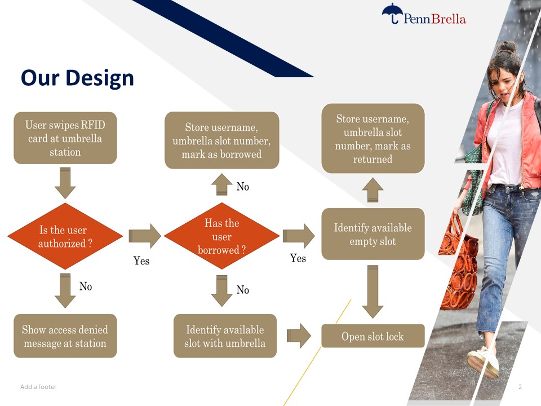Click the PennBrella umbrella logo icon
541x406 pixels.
pos(392,14)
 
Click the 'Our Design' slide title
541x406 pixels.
pos(77,78)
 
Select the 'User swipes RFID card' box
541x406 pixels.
pos(65,138)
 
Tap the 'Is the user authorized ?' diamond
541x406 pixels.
pos(65,236)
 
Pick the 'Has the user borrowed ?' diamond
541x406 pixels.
pos(222,236)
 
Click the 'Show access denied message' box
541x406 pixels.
pos(65,336)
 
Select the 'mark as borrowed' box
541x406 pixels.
pos(222,140)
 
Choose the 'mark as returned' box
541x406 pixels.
pos(373,139)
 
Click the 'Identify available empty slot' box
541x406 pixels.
pos(373,234)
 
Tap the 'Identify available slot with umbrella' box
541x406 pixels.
pos(225,336)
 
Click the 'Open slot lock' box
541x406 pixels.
pos(373,336)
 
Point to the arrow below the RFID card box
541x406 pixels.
pos(65,183)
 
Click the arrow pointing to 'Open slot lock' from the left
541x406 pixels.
pos(299,336)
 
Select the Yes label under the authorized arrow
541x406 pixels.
pos(141,261)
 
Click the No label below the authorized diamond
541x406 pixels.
pos(86,286)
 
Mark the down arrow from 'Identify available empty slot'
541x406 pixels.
pos(373,292)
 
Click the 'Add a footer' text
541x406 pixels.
pos(38,387)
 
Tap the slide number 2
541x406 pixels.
pos(520,387)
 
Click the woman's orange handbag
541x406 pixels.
pos(459,266)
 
